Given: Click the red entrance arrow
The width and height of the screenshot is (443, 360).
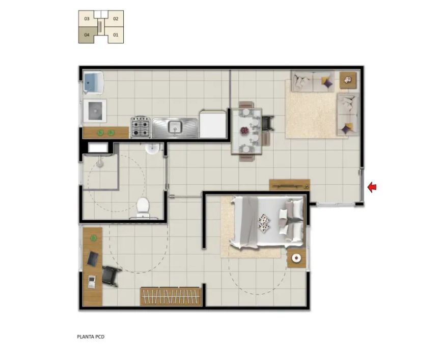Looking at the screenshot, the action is coord(372,187).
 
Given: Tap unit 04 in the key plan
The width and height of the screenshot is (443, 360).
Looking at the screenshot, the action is coord(87,35).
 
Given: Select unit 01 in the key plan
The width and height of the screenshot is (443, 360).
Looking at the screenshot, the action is coord(116,35).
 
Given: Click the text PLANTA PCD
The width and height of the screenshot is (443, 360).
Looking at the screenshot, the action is coord(91,337).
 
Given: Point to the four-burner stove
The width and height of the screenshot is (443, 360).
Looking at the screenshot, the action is coord(141,127).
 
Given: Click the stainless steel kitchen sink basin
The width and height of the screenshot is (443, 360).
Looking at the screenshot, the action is coord(175,127).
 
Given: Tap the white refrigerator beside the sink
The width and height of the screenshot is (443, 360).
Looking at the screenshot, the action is coord(213,124).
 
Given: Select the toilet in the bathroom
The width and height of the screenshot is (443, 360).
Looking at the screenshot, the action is coord(143,208).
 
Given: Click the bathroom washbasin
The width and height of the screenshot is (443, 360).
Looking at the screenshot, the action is coord(153,149).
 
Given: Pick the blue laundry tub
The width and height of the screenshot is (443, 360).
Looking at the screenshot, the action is coord(93,82).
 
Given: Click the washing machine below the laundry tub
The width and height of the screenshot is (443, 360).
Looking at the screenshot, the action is coord(95,111).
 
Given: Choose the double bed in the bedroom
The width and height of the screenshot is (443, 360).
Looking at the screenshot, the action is coord(267,223).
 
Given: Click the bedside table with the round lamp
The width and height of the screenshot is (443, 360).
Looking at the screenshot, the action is coord(296,258).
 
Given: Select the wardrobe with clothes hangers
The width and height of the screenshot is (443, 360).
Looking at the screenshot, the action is coord(171,296).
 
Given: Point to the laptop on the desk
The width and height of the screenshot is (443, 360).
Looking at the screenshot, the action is coord(93,259).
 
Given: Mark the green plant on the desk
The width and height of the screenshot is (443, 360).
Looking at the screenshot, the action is coord(94,238).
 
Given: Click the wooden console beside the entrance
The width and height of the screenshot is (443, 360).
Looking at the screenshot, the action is coord(290,185).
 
